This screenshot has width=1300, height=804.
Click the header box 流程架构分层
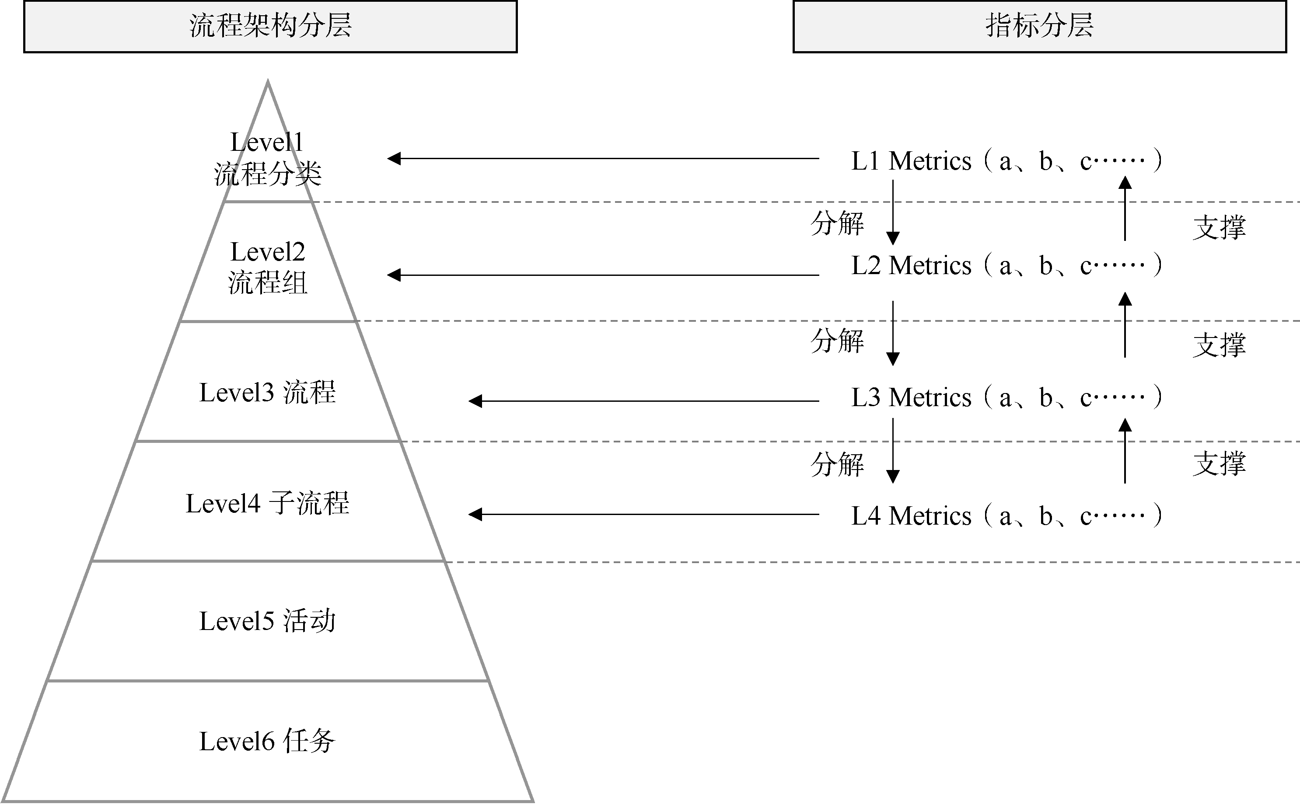[x=270, y=27]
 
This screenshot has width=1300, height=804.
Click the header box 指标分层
[x=1039, y=27]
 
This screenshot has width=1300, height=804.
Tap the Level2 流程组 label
[x=268, y=267]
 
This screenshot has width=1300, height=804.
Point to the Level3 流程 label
[x=268, y=393]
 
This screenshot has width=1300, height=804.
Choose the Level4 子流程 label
[x=268, y=504]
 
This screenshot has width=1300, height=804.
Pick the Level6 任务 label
[x=268, y=741]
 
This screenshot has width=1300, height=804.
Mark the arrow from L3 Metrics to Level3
[x=643, y=401]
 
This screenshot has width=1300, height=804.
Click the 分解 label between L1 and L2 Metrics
[x=837, y=223]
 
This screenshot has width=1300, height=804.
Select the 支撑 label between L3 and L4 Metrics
[x=1219, y=464]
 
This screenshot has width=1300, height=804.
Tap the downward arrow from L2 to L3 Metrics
[x=893, y=333]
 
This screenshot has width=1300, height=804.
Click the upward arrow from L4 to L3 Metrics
[x=1125, y=451]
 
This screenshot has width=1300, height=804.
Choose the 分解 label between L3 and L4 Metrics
[x=837, y=464]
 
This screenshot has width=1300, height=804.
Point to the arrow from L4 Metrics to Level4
[x=643, y=514]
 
